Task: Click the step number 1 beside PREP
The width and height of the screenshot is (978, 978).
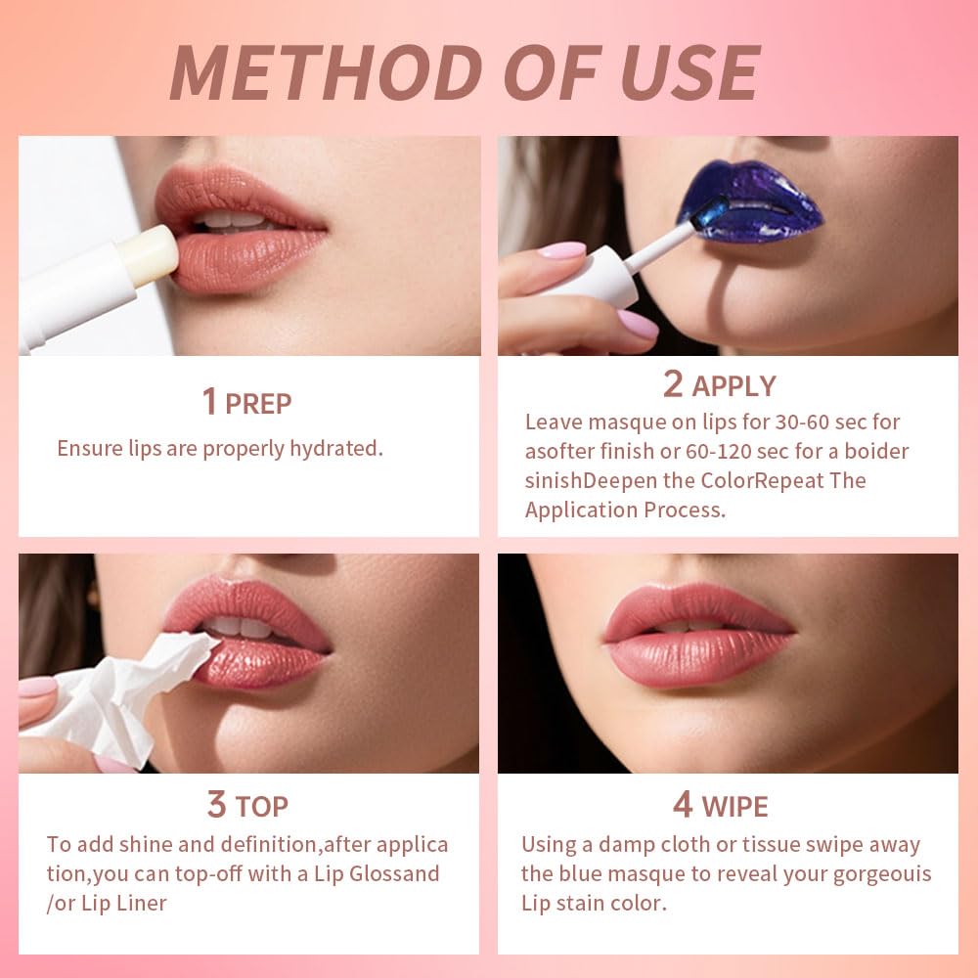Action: [208, 402]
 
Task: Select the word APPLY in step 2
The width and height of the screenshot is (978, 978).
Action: [733, 386]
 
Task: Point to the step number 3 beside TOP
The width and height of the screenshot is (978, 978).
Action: [216, 806]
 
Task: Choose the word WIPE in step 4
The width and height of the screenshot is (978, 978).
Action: [734, 807]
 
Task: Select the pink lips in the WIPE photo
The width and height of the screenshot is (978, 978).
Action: [699, 636]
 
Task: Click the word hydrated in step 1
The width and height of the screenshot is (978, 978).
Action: [334, 449]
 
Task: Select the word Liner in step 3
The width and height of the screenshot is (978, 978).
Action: [139, 903]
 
